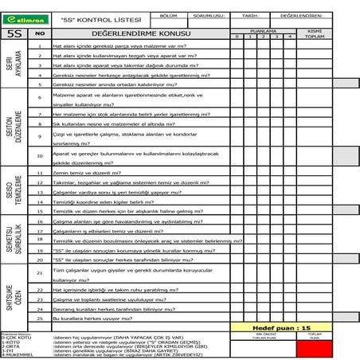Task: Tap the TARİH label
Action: coord(250,15)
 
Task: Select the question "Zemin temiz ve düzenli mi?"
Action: coord(80,172)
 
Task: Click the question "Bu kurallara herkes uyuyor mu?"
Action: coord(88,318)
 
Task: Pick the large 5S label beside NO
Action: coord(14,33)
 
